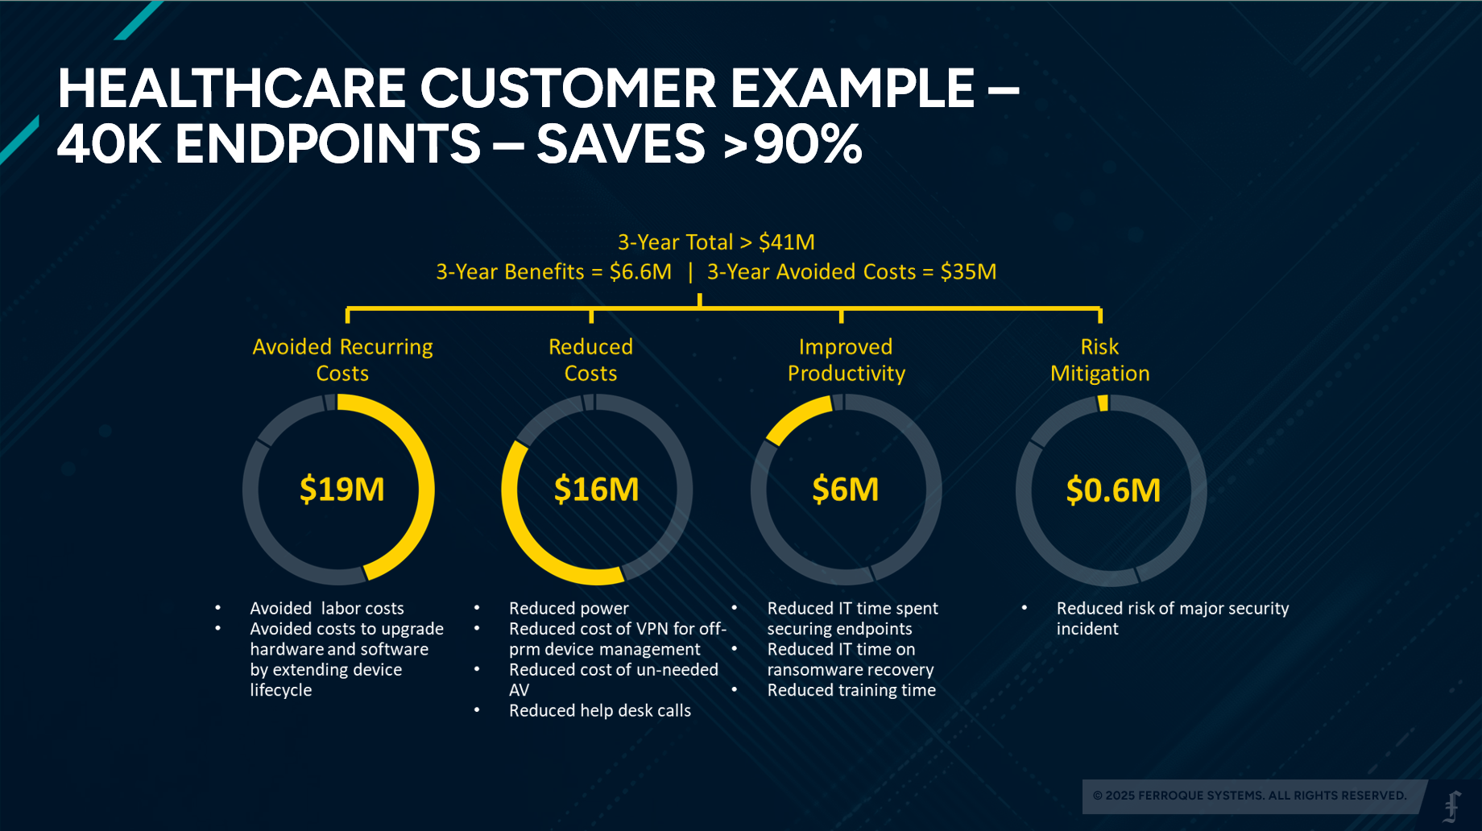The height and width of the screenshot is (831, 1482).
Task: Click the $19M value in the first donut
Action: point(342,490)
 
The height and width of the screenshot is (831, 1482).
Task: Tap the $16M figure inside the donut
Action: point(596,490)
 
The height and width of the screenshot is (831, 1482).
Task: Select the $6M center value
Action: point(845,490)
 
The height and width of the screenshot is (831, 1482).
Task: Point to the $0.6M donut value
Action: point(1113,490)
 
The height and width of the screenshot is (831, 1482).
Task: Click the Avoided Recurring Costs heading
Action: point(342,360)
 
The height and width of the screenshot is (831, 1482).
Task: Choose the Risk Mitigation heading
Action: point(1099,360)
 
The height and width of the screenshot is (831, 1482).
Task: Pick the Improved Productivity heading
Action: point(846,360)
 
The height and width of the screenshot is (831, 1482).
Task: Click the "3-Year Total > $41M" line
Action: point(716,242)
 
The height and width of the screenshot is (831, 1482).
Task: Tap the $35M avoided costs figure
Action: point(968,272)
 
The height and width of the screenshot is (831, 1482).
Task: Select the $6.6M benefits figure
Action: point(640,272)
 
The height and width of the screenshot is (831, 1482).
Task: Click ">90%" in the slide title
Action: point(793,143)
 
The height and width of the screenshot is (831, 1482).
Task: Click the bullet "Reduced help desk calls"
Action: point(600,710)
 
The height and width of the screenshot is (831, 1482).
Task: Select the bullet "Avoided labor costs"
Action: point(326,608)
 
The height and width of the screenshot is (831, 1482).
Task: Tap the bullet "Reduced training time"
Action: point(851,690)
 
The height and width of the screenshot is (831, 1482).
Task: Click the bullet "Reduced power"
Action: point(569,608)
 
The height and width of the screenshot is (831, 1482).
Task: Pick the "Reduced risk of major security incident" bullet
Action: point(1173,618)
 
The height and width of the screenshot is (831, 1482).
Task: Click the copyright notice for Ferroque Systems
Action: point(1249,796)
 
